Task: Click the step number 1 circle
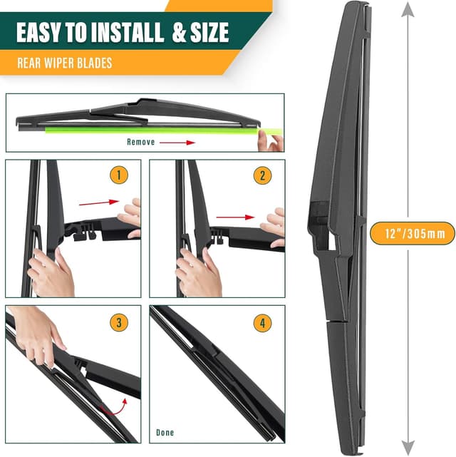point(118,175)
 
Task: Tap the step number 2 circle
point(262,175)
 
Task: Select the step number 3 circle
point(119,322)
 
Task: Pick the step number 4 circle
point(262,322)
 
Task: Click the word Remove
point(140,142)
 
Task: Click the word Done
point(165,432)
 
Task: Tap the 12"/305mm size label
point(413,232)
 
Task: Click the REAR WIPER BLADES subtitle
point(65,63)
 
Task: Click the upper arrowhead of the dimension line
point(408,9)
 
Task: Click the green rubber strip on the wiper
point(150,130)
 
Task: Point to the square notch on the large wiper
point(321,213)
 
